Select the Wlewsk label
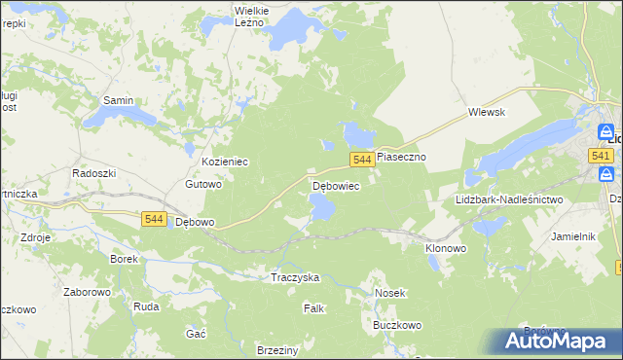(x=486, y=112)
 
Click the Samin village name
(x=118, y=100)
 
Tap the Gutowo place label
(x=203, y=183)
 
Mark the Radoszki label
(x=94, y=172)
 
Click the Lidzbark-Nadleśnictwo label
(x=509, y=199)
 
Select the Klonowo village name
(x=446, y=248)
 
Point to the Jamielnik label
(x=573, y=236)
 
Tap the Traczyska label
(x=295, y=277)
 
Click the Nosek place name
(x=389, y=292)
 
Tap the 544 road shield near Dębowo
(x=153, y=220)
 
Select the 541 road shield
(x=600, y=156)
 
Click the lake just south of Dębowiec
(x=322, y=206)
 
